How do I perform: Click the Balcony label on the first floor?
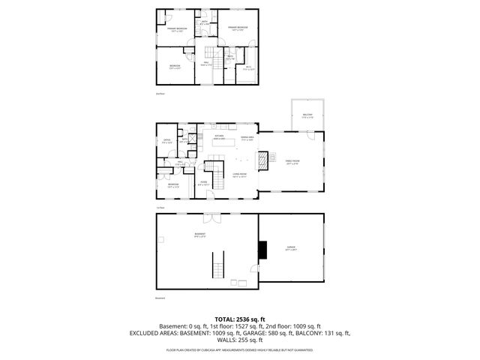click(x=307, y=116)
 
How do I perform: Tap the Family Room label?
click(x=292, y=163)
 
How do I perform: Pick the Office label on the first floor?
click(x=167, y=141)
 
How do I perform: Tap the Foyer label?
click(x=202, y=182)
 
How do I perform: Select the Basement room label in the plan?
click(x=199, y=235)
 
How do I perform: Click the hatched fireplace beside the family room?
click(x=262, y=160)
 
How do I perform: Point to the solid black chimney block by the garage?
click(x=262, y=250)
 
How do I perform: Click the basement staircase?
click(x=219, y=266)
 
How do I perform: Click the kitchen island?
click(x=242, y=159)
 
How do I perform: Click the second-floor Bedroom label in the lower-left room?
click(x=174, y=67)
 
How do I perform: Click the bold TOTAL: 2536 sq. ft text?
click(x=240, y=319)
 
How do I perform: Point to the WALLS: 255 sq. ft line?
click(x=240, y=339)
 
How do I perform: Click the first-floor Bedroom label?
click(x=173, y=184)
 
